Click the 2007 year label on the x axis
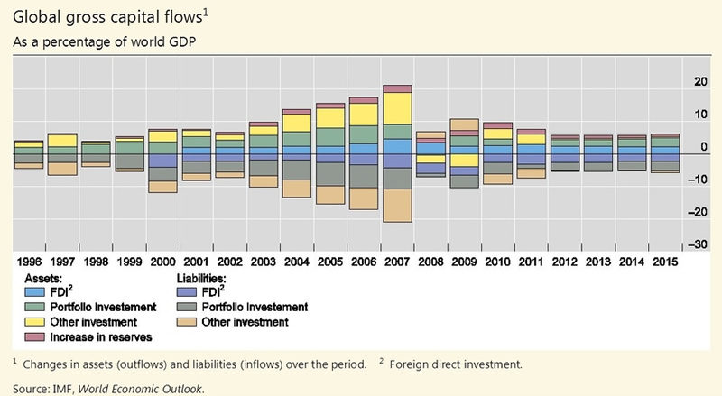[397, 262]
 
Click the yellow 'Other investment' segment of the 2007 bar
[397, 108]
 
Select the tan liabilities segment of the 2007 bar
[397, 205]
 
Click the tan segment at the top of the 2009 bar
[464, 124]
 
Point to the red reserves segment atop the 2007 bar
[397, 88]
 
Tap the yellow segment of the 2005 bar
[330, 117]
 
